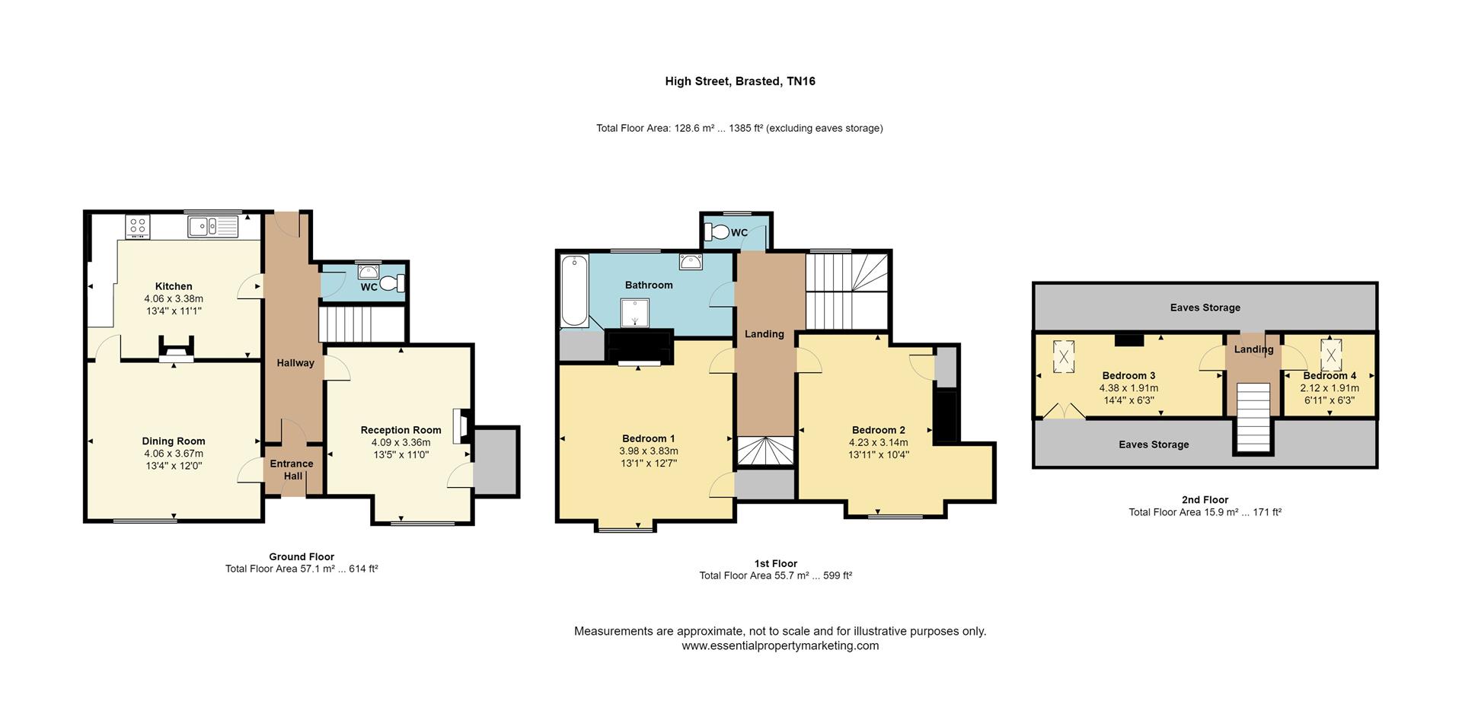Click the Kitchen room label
click(174, 286)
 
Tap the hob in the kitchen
click(138, 226)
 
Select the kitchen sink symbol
click(213, 226)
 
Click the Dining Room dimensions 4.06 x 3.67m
click(174, 454)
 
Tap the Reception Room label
click(401, 430)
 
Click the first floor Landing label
click(764, 334)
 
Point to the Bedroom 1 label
click(648, 438)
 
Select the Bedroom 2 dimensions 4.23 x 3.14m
click(878, 442)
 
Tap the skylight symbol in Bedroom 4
click(1331, 354)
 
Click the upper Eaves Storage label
click(1205, 307)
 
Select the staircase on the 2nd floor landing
click(1253, 418)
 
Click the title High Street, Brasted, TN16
click(739, 81)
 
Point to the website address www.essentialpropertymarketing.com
click(780, 645)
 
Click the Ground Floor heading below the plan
click(302, 556)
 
